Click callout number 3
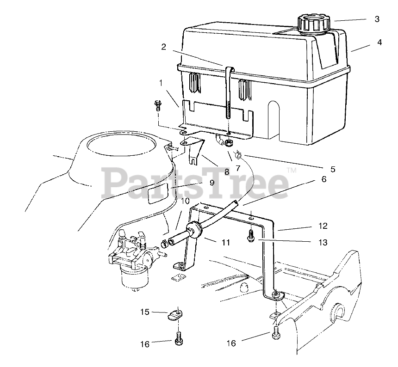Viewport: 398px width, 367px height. [x=377, y=19]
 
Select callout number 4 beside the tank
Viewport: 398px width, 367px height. [x=379, y=42]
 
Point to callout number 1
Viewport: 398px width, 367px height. [x=161, y=84]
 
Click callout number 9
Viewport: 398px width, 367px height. [x=211, y=183]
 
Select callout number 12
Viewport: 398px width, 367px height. [x=323, y=226]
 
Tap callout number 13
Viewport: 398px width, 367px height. [x=323, y=242]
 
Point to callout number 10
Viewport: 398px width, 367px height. [x=185, y=201]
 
